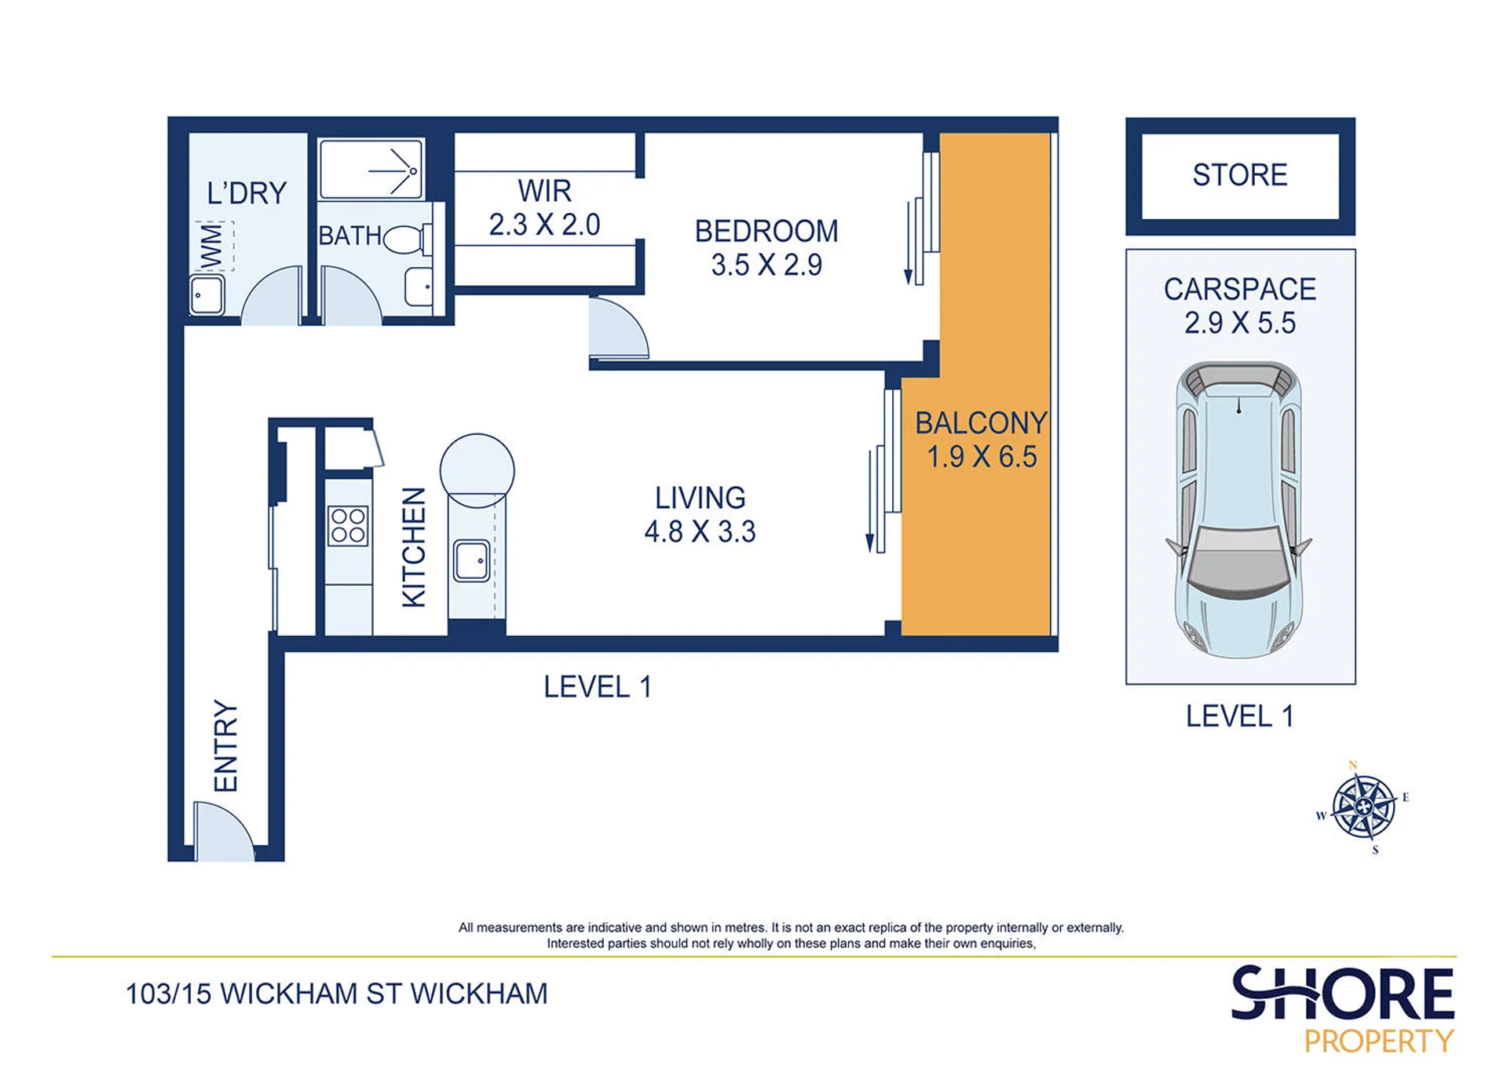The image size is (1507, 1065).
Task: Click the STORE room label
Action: point(1239,174)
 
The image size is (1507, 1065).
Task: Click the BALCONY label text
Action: point(981,423)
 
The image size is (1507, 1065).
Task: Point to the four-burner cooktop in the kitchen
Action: point(347,525)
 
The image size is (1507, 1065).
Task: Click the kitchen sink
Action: point(472,560)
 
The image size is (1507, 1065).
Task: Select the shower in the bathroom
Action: point(371,169)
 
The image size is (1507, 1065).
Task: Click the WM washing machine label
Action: point(212,247)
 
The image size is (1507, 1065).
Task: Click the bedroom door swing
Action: point(619,328)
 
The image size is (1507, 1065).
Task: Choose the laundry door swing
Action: point(272,295)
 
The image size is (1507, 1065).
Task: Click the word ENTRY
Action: point(225,745)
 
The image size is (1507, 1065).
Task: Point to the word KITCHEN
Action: point(414,547)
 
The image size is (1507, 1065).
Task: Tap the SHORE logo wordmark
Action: point(1342,993)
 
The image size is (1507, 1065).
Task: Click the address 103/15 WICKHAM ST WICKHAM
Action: point(337,994)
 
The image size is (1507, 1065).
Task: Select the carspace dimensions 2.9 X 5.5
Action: point(1240,323)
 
